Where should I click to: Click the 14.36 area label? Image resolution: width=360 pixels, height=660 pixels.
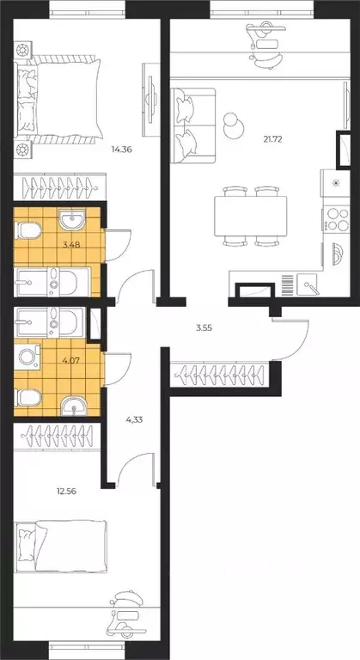pos(122,149)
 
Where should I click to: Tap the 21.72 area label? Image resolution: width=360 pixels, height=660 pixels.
pos(272,140)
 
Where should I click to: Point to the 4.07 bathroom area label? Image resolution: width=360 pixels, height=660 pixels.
pos(71,360)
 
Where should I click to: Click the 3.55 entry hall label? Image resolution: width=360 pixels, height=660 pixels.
pos(204,328)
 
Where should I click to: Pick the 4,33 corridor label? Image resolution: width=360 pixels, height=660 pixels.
pos(134,419)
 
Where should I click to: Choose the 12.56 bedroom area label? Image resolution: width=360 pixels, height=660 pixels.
pos(66,491)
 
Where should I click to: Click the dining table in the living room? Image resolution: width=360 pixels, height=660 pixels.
pos(251,216)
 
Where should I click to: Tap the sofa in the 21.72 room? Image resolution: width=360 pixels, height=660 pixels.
pos(193,125)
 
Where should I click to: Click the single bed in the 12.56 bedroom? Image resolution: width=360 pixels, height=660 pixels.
pos(61,547)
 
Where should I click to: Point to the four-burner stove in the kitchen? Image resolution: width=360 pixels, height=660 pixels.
pos(337,218)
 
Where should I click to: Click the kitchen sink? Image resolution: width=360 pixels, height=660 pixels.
pos(308,284)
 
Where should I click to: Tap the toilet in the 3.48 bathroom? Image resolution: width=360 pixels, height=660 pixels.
pos(27,229)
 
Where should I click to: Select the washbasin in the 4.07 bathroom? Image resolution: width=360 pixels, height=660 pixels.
pos(73,406)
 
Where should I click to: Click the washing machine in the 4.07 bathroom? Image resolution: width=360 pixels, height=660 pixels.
pos(27,357)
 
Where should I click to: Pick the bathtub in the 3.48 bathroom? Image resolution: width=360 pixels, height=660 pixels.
pos(52,282)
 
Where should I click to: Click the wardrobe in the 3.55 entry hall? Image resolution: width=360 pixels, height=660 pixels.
pos(221,374)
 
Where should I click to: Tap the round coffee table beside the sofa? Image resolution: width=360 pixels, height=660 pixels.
pos(233,125)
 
